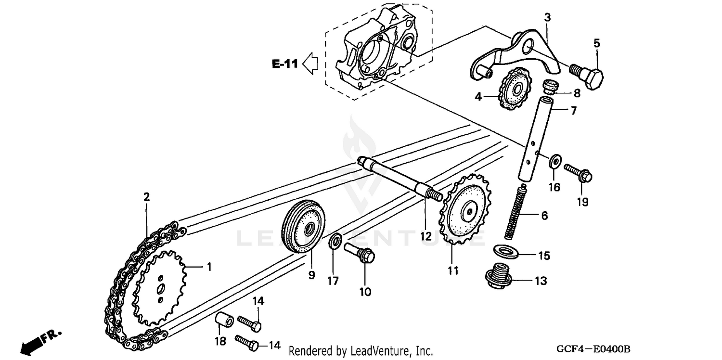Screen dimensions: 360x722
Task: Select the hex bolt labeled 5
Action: [x=588, y=75]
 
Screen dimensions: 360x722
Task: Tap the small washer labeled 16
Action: [x=554, y=160]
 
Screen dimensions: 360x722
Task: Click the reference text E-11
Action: [x=285, y=64]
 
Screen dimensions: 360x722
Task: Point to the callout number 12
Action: [x=425, y=237]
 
